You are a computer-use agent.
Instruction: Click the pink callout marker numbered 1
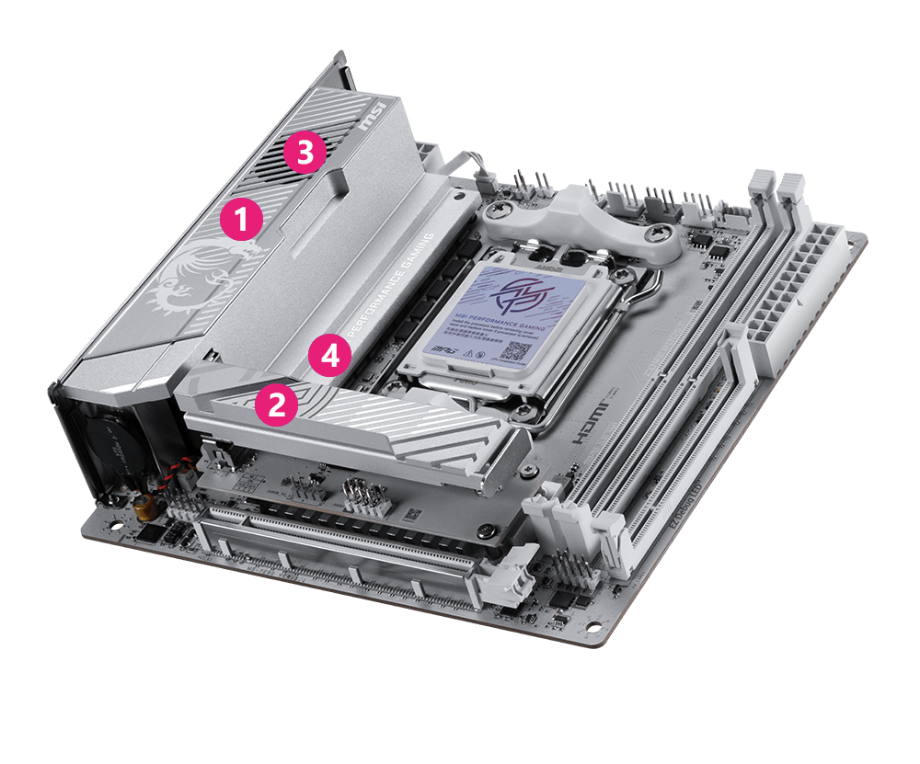point(241,219)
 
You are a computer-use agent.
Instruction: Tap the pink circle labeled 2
point(275,405)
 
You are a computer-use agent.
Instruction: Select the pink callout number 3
point(305,152)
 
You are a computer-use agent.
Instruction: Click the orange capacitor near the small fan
point(144,509)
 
